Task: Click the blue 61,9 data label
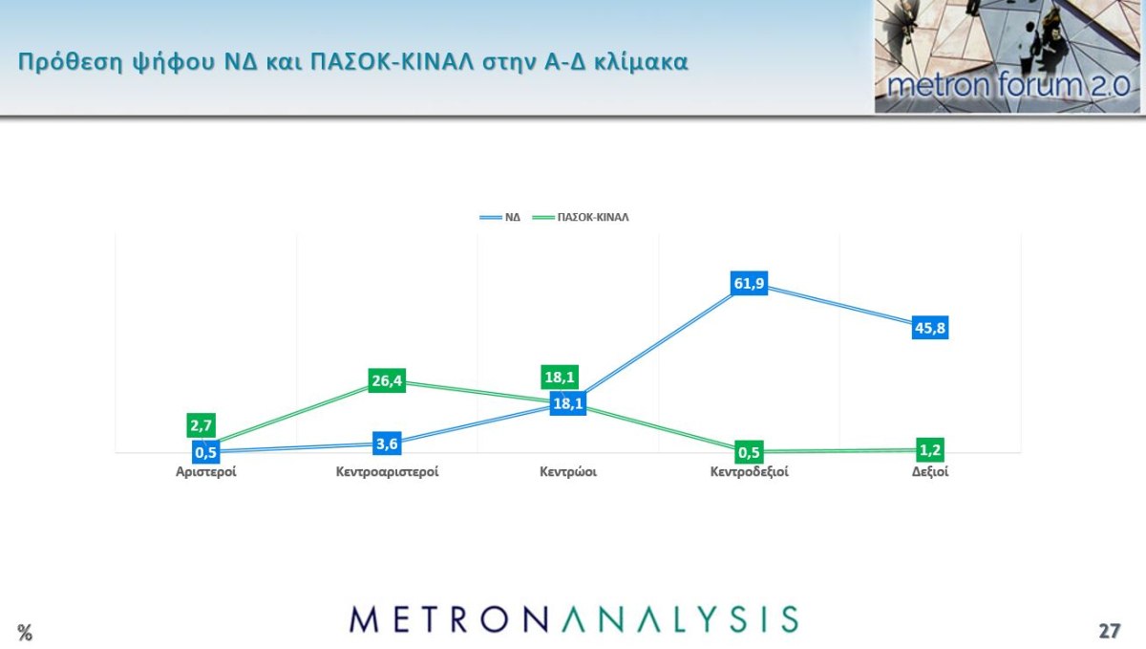click(750, 284)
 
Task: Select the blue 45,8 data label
click(930, 328)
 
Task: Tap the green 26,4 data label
click(387, 381)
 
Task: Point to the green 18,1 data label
click(559, 378)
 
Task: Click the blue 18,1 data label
click(568, 403)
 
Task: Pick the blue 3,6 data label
click(387, 443)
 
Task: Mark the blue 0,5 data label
click(205, 452)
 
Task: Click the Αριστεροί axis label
click(205, 472)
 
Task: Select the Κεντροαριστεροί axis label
click(387, 472)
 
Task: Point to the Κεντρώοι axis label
click(568, 472)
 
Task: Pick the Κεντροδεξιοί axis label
click(750, 472)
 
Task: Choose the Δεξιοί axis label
click(930, 472)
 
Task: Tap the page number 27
click(1109, 631)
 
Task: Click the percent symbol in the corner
click(25, 633)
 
